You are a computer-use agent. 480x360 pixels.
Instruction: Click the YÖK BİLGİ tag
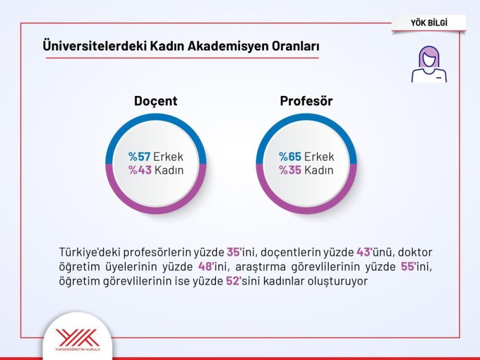[x=429, y=23]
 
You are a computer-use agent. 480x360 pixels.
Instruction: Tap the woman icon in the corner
[x=429, y=64]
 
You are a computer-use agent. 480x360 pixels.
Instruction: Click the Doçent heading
[x=156, y=101]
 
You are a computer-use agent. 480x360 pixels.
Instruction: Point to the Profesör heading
[x=306, y=101]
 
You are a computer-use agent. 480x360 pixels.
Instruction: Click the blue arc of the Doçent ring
[x=156, y=119]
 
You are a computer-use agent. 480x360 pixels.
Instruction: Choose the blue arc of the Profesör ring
[x=306, y=119]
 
